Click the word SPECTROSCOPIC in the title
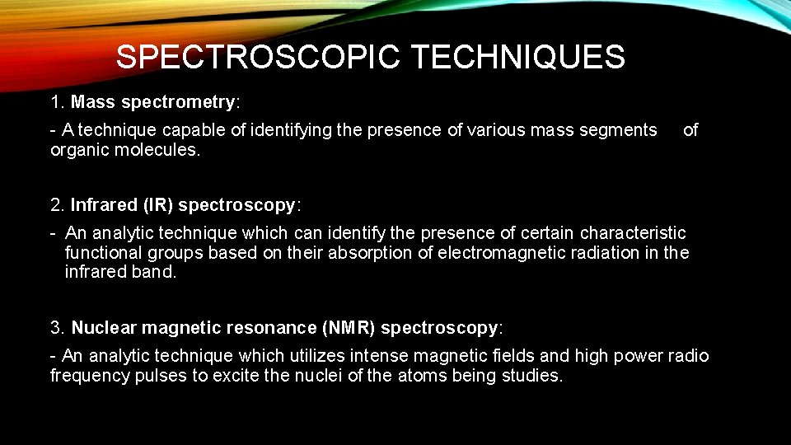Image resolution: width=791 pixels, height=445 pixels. (x=257, y=58)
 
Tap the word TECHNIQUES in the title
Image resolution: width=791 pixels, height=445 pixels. (x=517, y=58)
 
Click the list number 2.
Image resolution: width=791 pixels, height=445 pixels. (x=56, y=204)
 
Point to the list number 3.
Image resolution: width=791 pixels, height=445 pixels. (x=56, y=327)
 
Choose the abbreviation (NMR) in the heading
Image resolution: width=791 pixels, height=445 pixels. (x=349, y=327)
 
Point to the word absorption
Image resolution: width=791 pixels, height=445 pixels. (x=370, y=253)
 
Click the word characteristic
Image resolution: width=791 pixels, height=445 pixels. (x=633, y=233)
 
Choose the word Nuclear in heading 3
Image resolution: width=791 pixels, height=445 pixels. (x=104, y=327)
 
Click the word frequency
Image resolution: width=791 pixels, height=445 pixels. (x=87, y=376)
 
